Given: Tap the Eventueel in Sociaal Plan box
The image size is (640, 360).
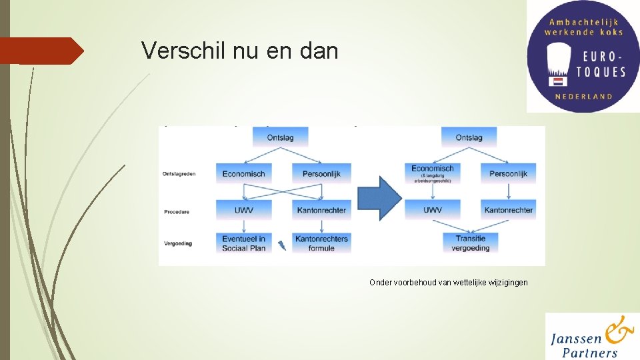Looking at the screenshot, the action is point(244,243).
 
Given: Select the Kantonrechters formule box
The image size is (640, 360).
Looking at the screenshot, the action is point(321,243).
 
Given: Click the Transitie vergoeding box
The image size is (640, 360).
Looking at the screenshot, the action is point(471,243).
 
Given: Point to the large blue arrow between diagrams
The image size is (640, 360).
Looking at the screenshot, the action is point(379,198).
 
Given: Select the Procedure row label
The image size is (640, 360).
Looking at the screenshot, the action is point(177,212).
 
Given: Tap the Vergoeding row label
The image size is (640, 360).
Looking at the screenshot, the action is point(178,243).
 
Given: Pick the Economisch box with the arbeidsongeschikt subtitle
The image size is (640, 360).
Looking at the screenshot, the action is point(433,173).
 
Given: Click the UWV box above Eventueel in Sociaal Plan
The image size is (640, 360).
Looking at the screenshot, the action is point(244,210).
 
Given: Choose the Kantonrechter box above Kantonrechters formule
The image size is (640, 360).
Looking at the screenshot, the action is point(321,210).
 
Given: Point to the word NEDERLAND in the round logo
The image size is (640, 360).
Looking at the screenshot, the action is point(583,97).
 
